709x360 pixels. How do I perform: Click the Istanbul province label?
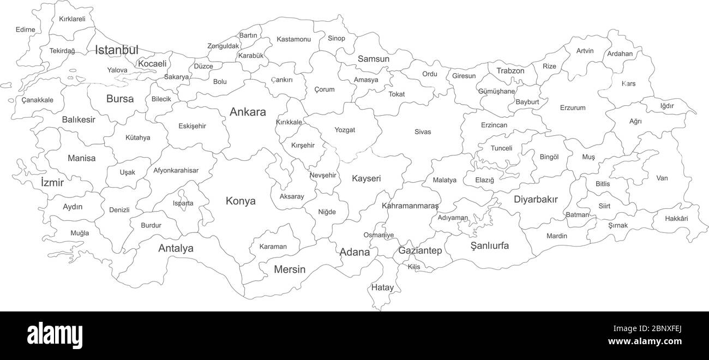click(x=117, y=50)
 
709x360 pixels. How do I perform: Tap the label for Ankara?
click(x=248, y=112)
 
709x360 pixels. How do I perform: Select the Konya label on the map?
click(x=241, y=201)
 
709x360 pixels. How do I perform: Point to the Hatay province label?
click(x=382, y=287)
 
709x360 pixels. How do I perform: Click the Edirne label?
click(x=26, y=29)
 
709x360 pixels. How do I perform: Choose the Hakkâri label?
click(x=676, y=219)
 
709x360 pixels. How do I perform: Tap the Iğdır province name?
click(x=667, y=106)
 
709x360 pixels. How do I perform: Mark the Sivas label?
click(x=423, y=132)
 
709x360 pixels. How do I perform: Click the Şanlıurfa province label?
click(x=490, y=245)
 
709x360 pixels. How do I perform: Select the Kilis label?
click(x=414, y=267)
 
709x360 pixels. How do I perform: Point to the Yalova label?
click(x=117, y=70)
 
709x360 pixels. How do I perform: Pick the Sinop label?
click(x=336, y=38)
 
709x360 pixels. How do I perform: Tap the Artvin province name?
click(x=585, y=51)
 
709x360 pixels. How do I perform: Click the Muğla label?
click(x=80, y=233)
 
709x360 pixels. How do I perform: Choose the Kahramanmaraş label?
click(x=410, y=206)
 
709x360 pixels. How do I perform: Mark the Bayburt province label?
click(x=527, y=102)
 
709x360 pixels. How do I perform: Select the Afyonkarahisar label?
click(x=176, y=170)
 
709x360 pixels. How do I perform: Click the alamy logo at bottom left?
click(x=55, y=334)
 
